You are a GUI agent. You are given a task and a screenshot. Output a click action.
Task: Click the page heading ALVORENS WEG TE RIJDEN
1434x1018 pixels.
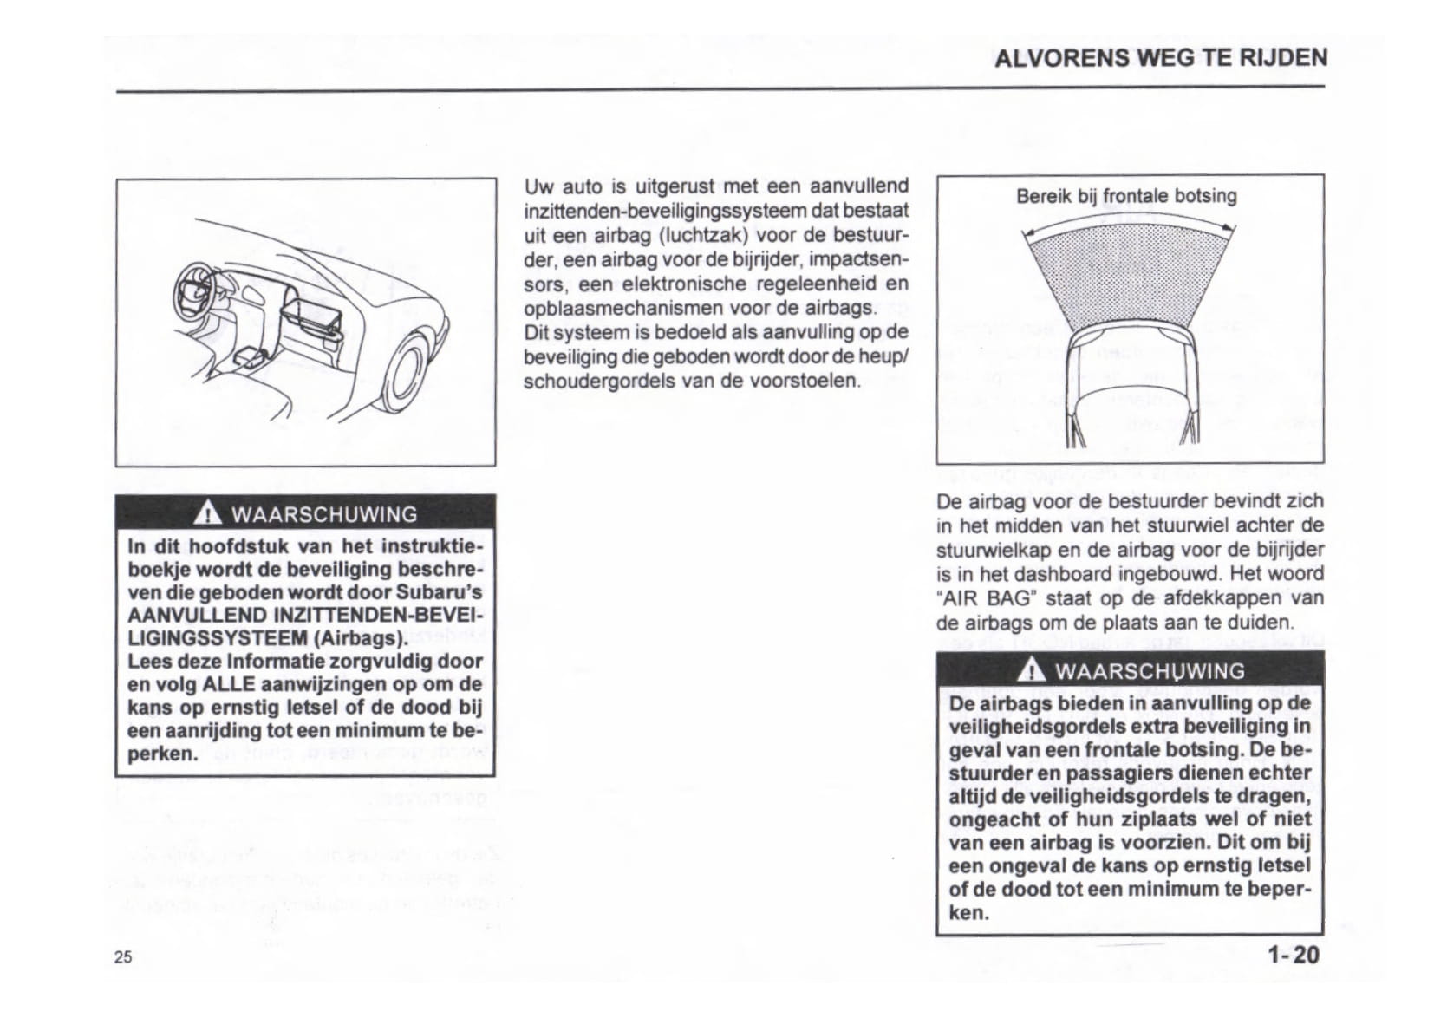point(1160,58)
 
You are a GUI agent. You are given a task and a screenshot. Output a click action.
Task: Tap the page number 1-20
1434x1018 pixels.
point(1293,955)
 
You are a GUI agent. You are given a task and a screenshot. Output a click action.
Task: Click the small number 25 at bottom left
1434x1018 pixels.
point(123,956)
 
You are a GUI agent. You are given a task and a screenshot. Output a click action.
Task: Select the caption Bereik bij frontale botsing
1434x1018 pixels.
point(1126,196)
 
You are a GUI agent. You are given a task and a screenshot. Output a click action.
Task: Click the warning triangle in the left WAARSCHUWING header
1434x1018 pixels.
point(206,514)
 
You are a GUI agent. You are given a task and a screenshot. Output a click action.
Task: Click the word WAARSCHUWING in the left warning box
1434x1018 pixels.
point(323,514)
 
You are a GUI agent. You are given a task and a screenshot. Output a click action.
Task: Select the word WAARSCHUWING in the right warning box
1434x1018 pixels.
point(1150,671)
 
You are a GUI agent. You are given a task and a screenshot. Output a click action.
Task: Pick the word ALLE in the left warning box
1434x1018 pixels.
point(229,684)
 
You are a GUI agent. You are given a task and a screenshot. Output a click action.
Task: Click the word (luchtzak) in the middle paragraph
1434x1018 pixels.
point(703,235)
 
